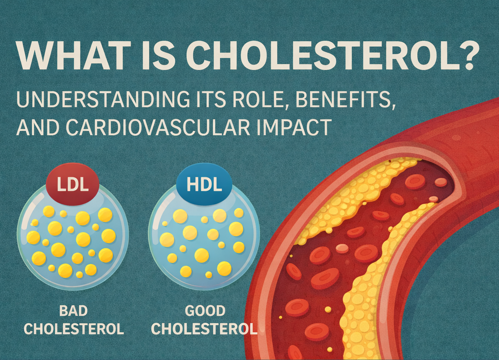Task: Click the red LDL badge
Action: coord(72,184)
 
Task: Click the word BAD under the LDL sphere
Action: coord(73,311)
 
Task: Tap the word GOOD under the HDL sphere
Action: coord(205,311)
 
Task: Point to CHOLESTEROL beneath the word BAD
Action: coord(73,329)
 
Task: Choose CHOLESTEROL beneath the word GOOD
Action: coord(204,329)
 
